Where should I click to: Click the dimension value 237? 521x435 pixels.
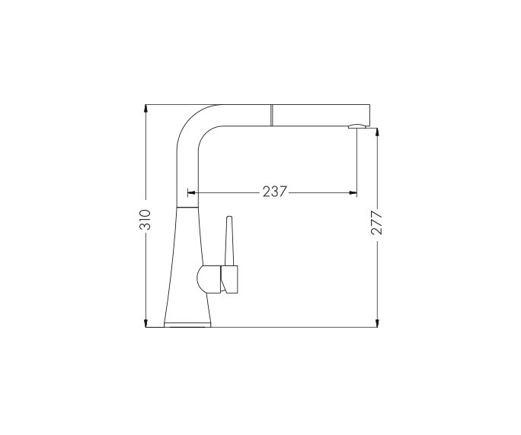click(274, 192)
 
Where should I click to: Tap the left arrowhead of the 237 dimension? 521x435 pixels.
click(191, 192)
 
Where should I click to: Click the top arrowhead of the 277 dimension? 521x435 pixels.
click(376, 132)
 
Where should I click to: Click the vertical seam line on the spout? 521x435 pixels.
click(270, 114)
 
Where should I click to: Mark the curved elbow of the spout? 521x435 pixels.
click(192, 125)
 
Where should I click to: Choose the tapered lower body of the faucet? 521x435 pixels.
click(187, 266)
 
